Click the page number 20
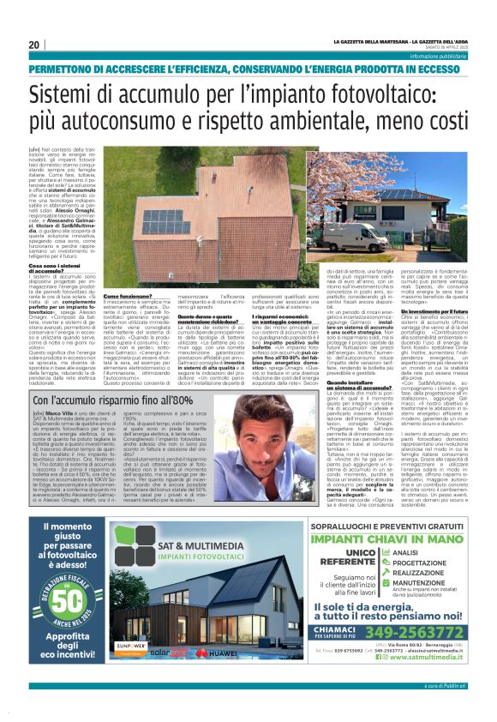tap(33, 45)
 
